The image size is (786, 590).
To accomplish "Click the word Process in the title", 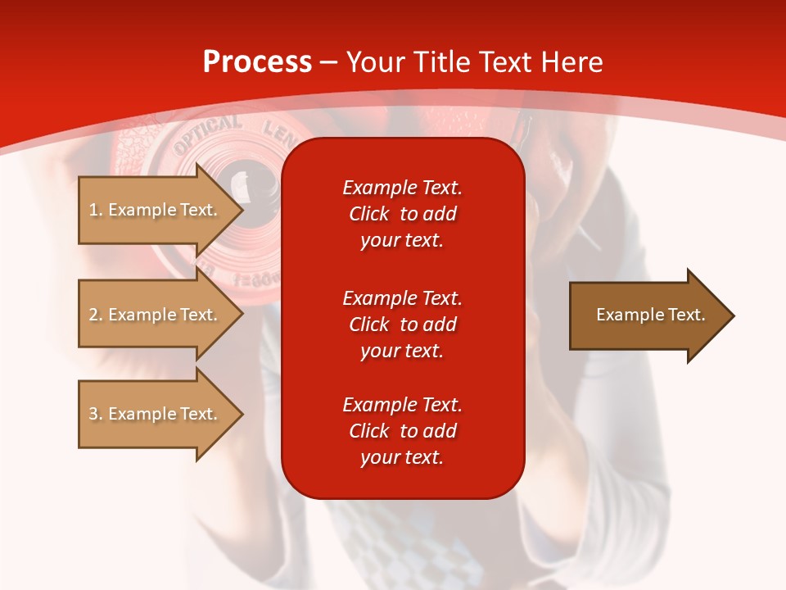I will tap(257, 62).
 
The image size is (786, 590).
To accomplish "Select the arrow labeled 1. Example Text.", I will tap(156, 210).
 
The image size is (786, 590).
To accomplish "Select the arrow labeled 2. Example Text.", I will tap(156, 315).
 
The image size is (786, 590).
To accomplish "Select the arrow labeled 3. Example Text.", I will tap(156, 414).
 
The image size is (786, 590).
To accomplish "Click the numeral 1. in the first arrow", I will tap(95, 211).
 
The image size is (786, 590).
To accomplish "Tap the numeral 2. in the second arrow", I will tap(95, 315).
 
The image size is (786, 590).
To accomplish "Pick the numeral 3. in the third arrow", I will tap(95, 415).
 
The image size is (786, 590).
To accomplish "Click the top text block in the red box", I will tap(402, 214).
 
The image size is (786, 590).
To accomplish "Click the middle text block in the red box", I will tap(402, 324).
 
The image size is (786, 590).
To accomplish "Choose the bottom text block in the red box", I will tap(402, 431).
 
